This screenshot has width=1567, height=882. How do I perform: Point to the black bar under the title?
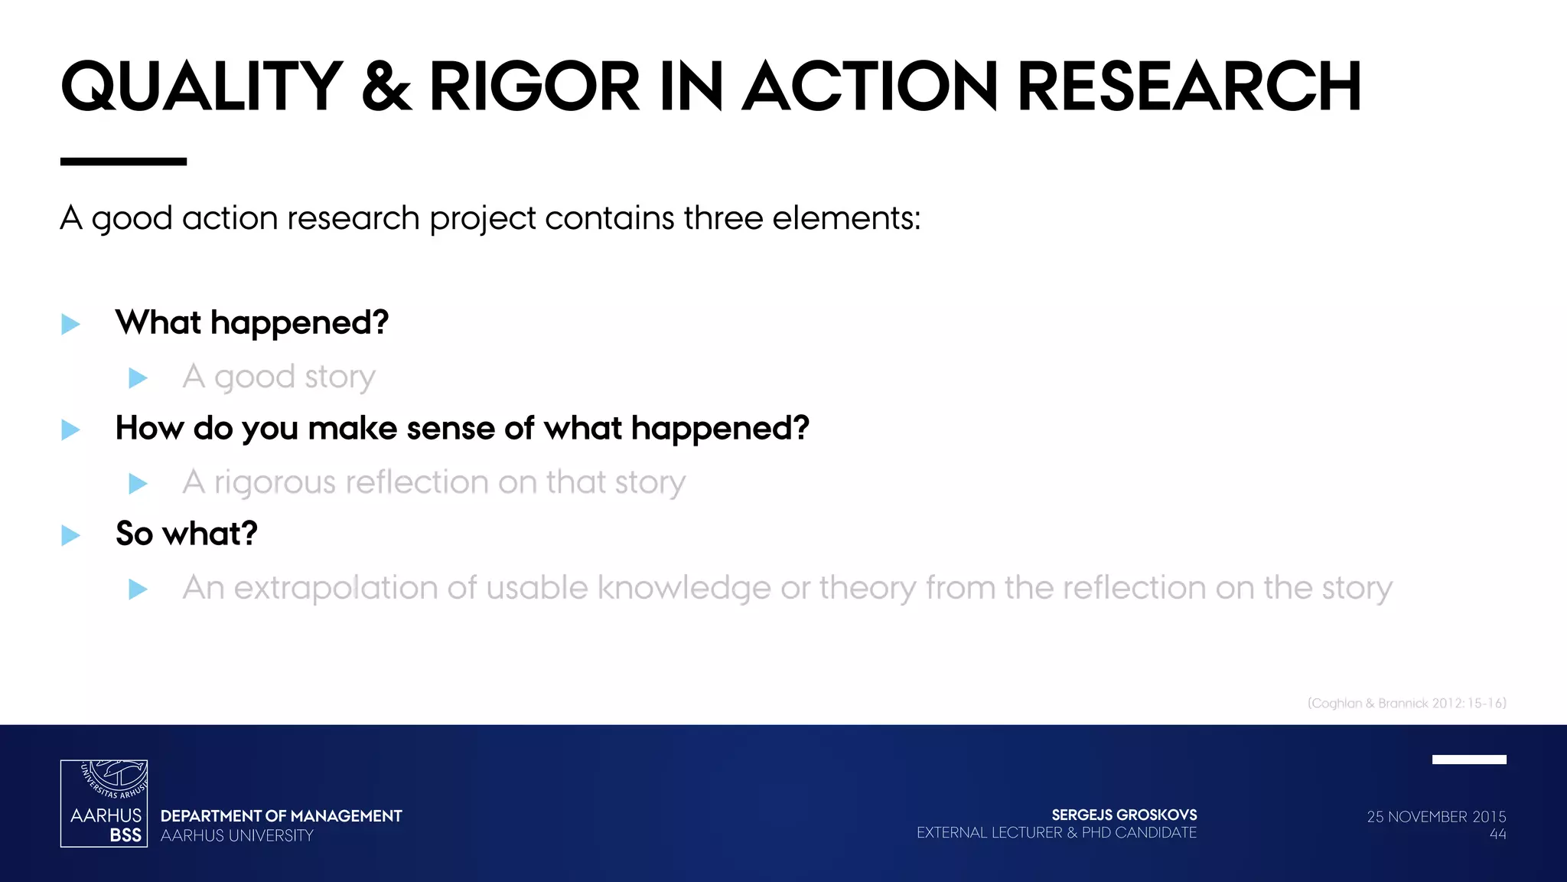tap(123, 162)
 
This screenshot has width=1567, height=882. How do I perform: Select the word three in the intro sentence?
tap(723, 218)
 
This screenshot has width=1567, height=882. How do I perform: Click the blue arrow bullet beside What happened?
tap(70, 324)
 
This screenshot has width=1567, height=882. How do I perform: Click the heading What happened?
tap(252, 322)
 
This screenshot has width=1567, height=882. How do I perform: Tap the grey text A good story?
tap(279, 377)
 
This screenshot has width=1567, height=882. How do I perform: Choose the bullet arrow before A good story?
tap(138, 377)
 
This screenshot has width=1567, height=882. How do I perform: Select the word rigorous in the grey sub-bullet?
tap(275, 482)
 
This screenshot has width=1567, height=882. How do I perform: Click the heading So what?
tap(186, 534)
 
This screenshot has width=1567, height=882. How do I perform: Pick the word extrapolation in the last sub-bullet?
tap(336, 588)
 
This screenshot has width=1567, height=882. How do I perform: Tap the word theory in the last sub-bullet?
tap(867, 588)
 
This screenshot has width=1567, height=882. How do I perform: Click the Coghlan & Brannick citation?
tap(1406, 703)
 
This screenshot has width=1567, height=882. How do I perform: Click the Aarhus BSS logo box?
tap(104, 803)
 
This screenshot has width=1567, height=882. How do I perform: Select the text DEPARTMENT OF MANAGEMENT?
tap(281, 816)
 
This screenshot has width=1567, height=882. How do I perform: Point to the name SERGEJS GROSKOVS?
tap(1124, 815)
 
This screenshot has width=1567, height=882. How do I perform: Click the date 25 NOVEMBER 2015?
tap(1436, 816)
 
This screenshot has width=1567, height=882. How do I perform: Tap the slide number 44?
tap(1497, 835)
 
